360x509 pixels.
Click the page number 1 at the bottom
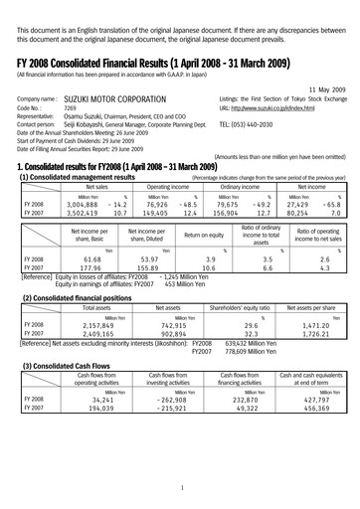(179, 488)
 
